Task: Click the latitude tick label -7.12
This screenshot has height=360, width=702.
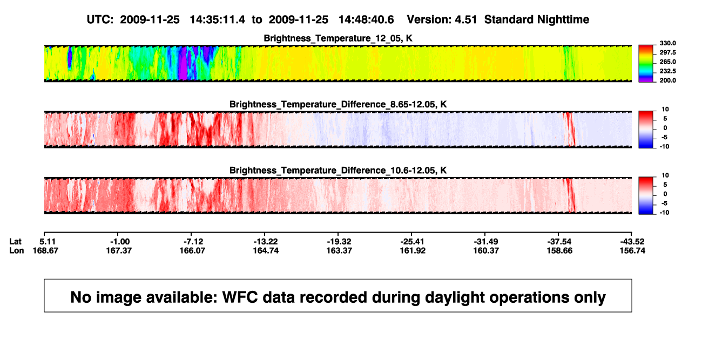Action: click(x=193, y=242)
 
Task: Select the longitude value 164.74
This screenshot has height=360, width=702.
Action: click(x=266, y=250)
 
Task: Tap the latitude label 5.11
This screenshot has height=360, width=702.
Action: click(x=48, y=242)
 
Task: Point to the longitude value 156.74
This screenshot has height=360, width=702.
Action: click(x=632, y=250)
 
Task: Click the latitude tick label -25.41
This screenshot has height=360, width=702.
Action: click(x=412, y=242)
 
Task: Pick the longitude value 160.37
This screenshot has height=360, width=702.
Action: click(x=486, y=250)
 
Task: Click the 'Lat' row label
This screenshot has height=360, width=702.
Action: click(x=15, y=242)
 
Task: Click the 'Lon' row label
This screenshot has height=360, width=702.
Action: click(x=17, y=250)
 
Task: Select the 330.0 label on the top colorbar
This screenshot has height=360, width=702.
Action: click(x=667, y=43)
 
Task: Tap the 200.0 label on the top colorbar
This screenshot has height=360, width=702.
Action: click(x=667, y=80)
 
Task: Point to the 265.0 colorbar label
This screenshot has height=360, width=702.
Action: click(x=667, y=62)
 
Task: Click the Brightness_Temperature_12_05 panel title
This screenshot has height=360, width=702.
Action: click(x=338, y=38)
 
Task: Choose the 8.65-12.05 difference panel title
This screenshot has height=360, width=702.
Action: click(x=338, y=104)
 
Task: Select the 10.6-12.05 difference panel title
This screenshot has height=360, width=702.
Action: click(x=338, y=171)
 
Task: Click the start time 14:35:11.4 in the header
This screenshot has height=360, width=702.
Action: click(x=218, y=19)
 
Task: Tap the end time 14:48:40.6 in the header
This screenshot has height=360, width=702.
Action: click(x=366, y=19)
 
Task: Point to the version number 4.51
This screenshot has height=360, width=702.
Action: click(x=465, y=19)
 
